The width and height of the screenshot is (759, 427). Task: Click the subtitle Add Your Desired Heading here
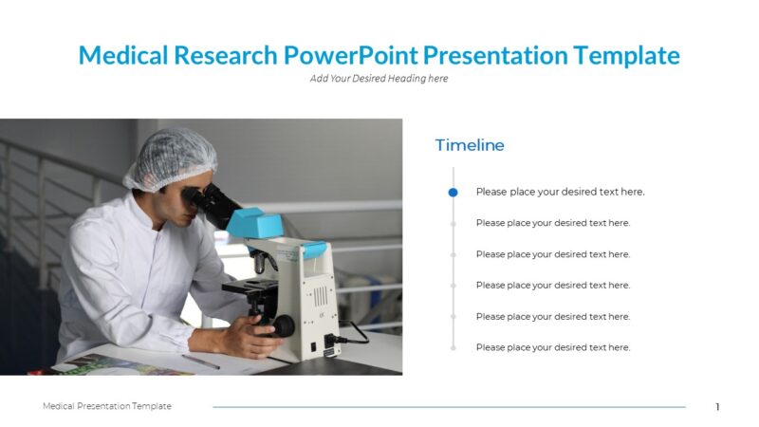click(x=379, y=79)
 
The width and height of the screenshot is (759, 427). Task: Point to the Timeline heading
click(x=470, y=145)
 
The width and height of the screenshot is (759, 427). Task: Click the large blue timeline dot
click(x=453, y=192)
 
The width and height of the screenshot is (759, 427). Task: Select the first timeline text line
click(x=560, y=192)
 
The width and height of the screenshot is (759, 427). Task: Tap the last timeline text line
click(x=552, y=347)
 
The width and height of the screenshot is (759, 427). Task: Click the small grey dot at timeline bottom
click(x=453, y=347)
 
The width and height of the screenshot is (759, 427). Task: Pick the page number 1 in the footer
click(x=717, y=407)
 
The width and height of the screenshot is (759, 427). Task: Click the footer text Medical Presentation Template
click(x=107, y=406)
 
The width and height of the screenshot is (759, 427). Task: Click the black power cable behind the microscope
click(x=355, y=333)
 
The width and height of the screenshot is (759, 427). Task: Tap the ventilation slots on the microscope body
click(x=322, y=295)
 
